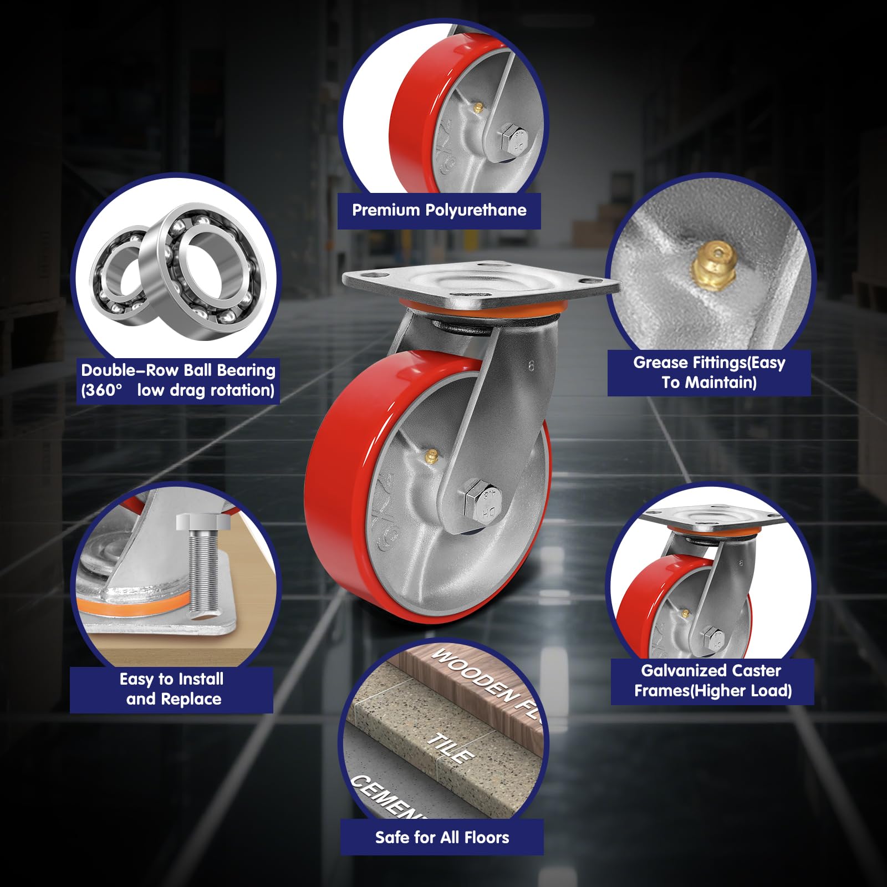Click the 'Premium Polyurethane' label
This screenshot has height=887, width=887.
click(x=439, y=210)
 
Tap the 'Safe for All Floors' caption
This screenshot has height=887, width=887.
click(x=442, y=837)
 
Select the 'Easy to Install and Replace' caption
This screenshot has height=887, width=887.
click(x=172, y=689)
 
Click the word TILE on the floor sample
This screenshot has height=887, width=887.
click(x=450, y=747)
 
